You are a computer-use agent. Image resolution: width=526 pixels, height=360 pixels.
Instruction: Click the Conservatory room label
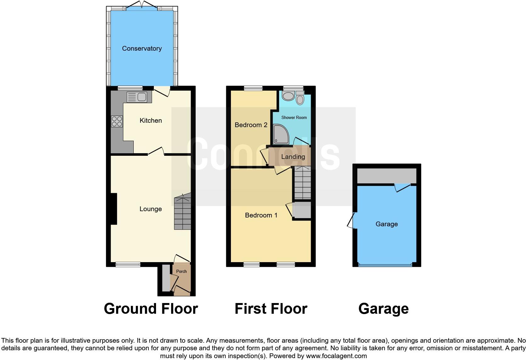(142, 48)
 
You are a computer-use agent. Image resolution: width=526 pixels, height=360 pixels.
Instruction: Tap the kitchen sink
(137, 97)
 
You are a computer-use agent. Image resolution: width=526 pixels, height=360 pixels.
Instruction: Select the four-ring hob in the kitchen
(117, 121)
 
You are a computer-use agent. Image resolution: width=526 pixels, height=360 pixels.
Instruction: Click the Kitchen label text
(151, 121)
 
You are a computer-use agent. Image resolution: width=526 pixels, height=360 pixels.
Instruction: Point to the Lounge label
(150, 209)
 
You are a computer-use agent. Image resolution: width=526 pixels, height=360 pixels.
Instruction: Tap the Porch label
(181, 271)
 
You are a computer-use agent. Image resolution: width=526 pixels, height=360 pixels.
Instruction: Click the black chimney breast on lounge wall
(114, 209)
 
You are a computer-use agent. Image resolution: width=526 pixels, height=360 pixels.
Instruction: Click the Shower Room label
(294, 117)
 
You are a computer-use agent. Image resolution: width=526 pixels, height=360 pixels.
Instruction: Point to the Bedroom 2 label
(251, 125)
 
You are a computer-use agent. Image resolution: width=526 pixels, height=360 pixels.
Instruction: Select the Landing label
(293, 157)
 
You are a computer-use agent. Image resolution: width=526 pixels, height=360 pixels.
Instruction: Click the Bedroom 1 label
(261, 215)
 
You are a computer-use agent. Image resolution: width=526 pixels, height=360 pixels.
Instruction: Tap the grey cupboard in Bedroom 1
(301, 210)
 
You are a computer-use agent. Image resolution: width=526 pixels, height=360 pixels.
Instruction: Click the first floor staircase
(302, 183)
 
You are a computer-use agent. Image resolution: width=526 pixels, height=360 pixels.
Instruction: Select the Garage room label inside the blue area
(386, 224)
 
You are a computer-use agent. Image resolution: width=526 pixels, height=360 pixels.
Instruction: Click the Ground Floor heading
(151, 309)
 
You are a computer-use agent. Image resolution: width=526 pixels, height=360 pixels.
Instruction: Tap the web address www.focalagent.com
(336, 356)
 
